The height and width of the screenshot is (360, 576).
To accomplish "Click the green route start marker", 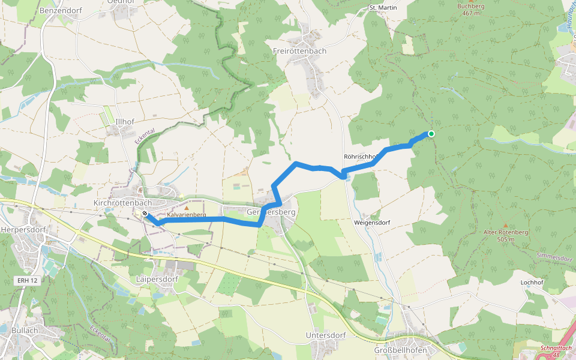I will [431, 134].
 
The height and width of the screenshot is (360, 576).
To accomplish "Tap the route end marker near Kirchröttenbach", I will [145, 213].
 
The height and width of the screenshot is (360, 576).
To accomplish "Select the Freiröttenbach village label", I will [299, 51].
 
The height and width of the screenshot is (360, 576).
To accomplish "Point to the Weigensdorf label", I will [372, 223].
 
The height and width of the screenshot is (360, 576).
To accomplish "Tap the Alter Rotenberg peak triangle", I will [505, 225].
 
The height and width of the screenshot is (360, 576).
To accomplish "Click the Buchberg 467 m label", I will [470, 10].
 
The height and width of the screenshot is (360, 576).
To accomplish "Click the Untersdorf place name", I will [326, 335].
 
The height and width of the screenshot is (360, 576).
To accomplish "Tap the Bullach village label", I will [25, 329].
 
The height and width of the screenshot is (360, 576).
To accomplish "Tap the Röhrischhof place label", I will [361, 157].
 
